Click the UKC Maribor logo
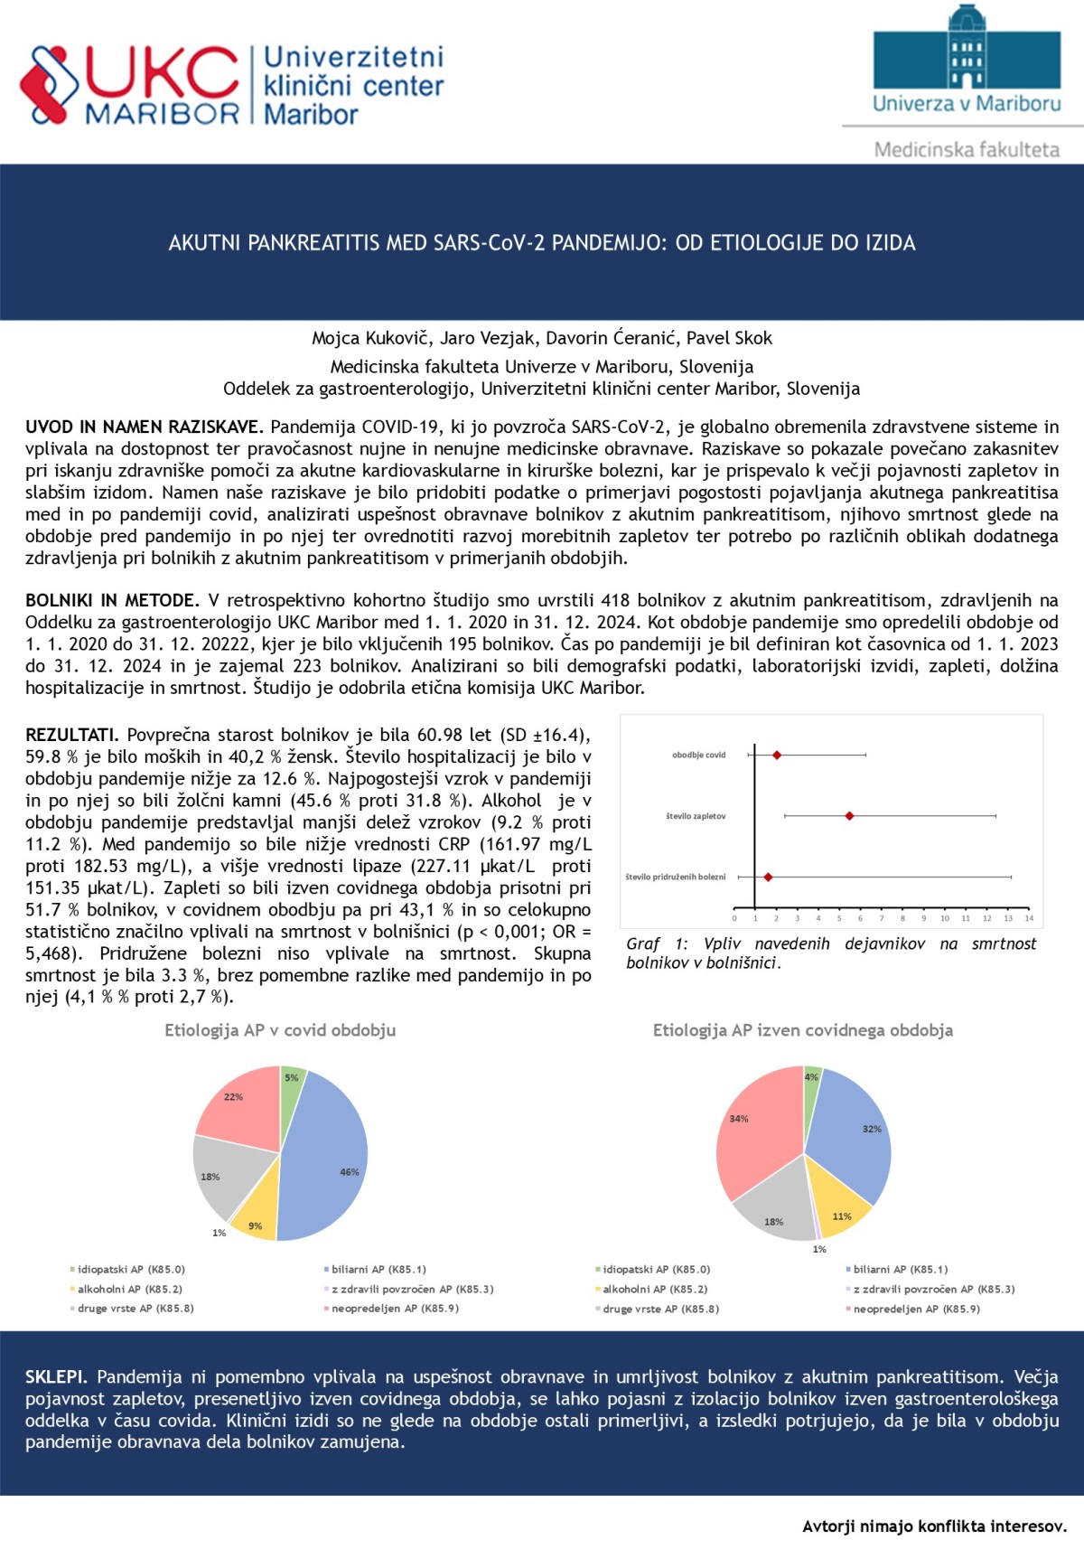[x=131, y=86]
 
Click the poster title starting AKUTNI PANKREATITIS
[x=542, y=242]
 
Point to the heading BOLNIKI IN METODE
[x=112, y=600]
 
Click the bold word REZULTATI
[x=71, y=735]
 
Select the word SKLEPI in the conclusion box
[x=56, y=1376]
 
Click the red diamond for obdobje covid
[x=777, y=755]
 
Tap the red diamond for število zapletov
[x=849, y=816]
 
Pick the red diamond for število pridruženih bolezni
[x=768, y=877]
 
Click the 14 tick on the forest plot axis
[x=1029, y=918]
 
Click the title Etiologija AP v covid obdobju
[x=280, y=1030]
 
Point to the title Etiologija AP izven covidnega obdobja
[x=802, y=1030]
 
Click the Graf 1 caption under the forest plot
[x=831, y=953]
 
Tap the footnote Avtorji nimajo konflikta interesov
[x=934, y=1526]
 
